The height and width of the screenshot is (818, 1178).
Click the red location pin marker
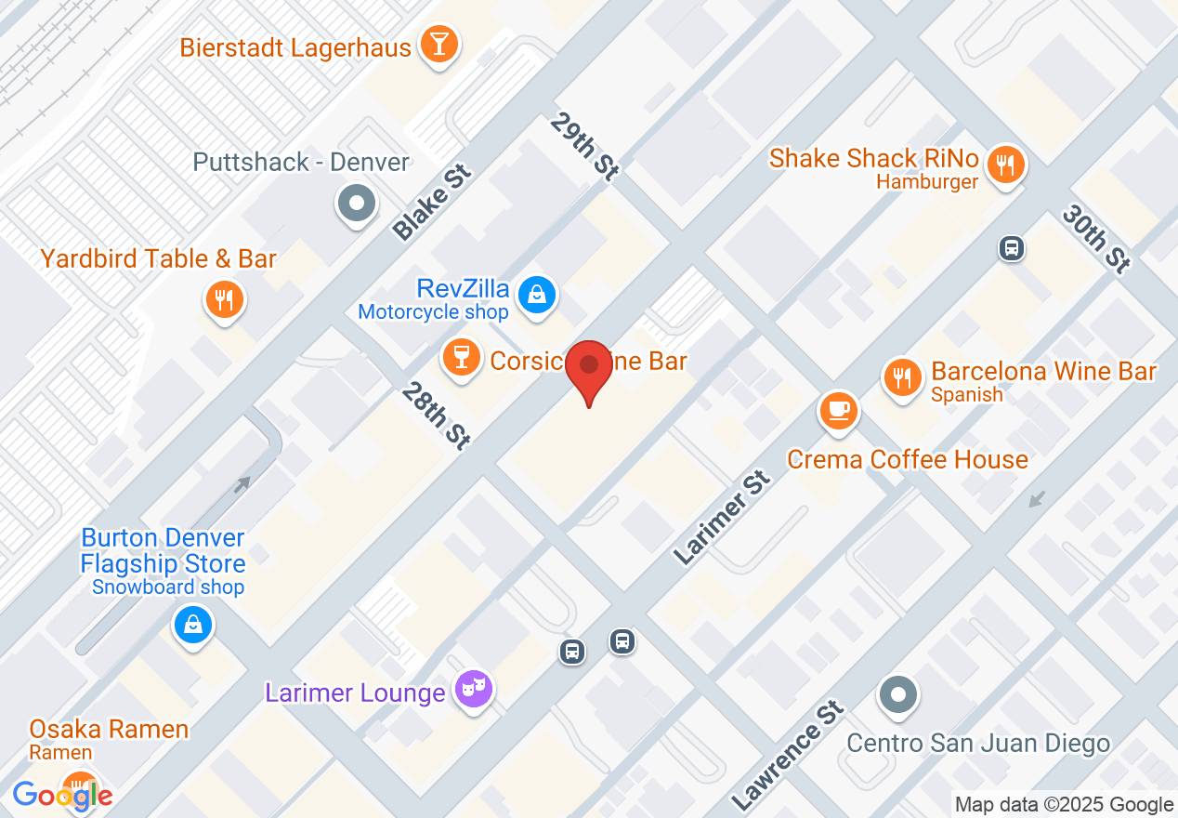click(589, 366)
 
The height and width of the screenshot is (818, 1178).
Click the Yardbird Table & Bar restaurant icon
click(223, 299)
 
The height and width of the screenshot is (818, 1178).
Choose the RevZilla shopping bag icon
click(537, 295)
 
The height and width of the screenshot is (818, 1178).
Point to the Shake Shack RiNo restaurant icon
click(1004, 165)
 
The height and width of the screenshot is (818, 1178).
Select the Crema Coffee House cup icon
click(839, 409)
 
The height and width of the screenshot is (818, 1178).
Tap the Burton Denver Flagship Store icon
click(192, 625)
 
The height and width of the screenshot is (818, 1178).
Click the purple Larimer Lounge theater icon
click(474, 689)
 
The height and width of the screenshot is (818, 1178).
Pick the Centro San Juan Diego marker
click(897, 694)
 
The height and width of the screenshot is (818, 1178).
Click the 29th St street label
click(584, 146)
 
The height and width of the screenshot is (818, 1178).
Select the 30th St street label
click(1096, 240)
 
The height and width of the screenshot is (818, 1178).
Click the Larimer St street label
click(723, 519)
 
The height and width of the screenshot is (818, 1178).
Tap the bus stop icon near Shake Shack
click(1012, 248)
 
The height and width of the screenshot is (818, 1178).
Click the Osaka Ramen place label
click(109, 730)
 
